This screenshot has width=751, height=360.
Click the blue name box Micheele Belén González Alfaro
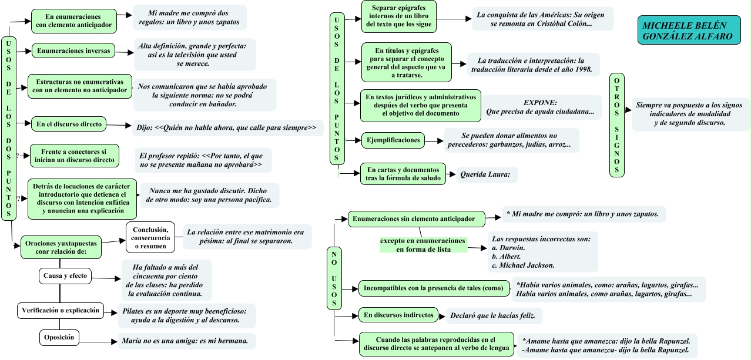point(689,30)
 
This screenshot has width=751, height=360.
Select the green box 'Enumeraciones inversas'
point(73,51)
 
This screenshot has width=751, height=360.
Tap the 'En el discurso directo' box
point(69,124)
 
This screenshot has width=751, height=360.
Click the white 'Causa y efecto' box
point(65,276)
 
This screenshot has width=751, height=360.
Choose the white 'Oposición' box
point(59,338)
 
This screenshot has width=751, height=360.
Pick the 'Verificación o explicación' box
point(61,311)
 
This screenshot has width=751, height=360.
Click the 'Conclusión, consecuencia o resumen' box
point(150,238)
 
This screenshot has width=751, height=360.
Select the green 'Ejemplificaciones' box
point(393,140)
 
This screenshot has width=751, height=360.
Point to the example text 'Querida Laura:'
point(485,174)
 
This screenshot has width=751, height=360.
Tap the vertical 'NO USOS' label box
point(334,278)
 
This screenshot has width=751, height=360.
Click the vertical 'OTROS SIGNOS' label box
point(616,125)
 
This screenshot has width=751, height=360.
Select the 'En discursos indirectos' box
point(398,315)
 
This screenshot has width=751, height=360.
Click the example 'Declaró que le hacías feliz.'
point(492,315)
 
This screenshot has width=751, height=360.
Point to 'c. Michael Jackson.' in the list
point(523,265)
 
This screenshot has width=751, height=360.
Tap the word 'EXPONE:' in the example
point(540,103)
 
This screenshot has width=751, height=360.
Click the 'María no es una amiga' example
point(185,341)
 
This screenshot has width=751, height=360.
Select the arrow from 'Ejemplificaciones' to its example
point(434,141)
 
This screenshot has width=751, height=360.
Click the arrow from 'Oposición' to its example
point(98,342)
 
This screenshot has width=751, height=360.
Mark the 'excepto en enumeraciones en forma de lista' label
point(424,245)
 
